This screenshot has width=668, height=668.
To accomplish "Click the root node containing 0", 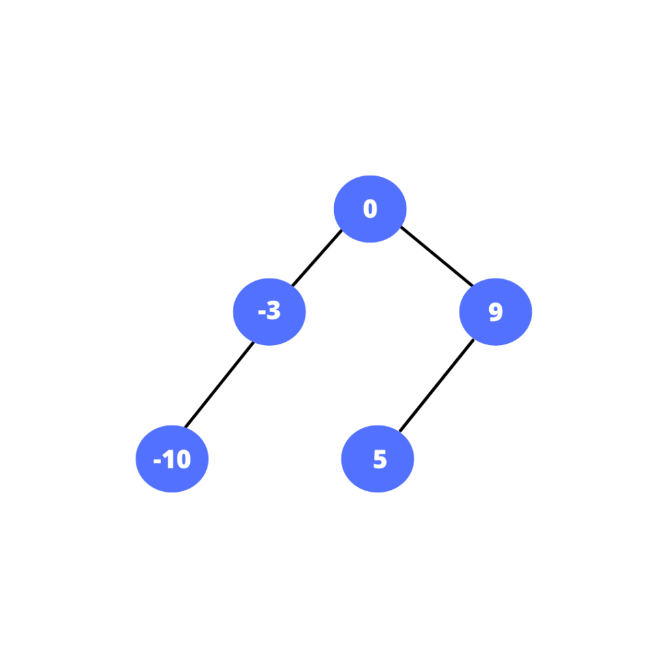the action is [x=370, y=209].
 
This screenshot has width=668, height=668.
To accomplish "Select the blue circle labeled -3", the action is [x=269, y=312].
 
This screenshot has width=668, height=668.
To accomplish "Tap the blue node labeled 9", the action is [x=496, y=312].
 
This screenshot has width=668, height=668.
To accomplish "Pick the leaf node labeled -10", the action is [x=172, y=459].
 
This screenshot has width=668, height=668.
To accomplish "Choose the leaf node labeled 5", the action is [x=378, y=459].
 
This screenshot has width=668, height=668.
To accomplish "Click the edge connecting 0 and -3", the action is [x=317, y=258].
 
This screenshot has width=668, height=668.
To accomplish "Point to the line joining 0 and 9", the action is [x=436, y=256].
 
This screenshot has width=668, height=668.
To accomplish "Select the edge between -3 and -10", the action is [x=219, y=384].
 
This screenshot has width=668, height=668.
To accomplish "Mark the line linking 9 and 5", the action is [x=436, y=385].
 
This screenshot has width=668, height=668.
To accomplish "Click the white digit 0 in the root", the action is [x=371, y=209].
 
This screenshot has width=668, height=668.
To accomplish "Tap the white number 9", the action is [x=496, y=311].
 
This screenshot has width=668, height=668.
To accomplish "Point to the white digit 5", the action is [x=380, y=459].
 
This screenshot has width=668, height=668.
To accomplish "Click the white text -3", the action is [x=269, y=310].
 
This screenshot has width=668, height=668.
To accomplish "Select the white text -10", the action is [x=172, y=459].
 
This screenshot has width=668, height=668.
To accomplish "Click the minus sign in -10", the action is [x=157, y=461].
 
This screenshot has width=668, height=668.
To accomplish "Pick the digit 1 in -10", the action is [x=169, y=459].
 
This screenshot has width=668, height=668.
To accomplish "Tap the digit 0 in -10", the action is [x=183, y=459].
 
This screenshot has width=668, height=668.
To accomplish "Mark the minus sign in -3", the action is [x=262, y=312].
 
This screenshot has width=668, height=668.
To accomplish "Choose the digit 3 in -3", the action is [x=273, y=310].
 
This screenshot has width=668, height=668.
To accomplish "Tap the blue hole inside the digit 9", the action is [x=496, y=309].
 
